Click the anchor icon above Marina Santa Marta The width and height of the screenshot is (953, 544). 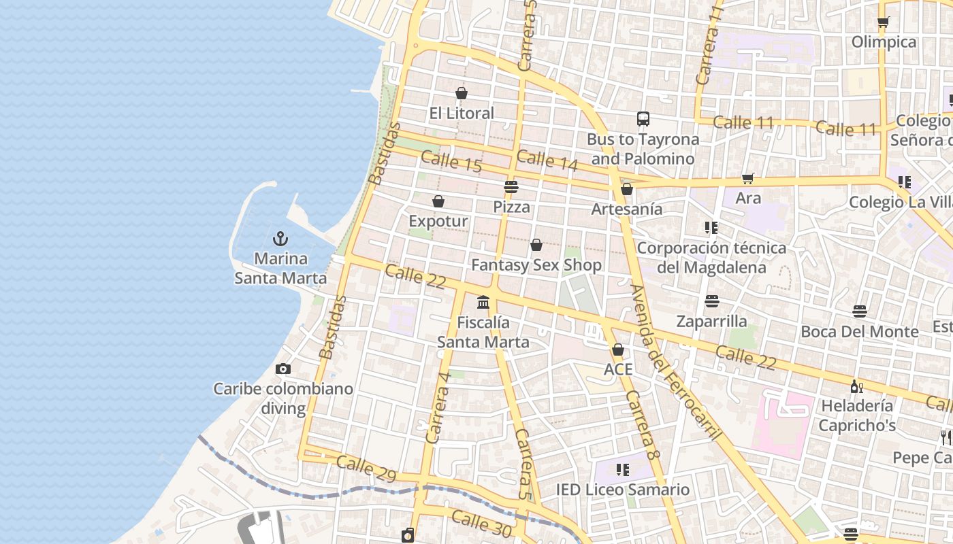click(x=280, y=239)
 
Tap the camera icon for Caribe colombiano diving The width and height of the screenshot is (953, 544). click(x=283, y=369)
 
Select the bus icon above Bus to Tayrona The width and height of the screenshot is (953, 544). click(x=643, y=119)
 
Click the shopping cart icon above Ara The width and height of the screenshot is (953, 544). click(x=748, y=178)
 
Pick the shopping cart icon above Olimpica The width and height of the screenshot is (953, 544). click(x=884, y=22)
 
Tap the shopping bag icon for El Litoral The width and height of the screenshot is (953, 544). click(x=462, y=93)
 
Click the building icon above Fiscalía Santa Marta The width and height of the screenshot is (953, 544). click(x=483, y=302)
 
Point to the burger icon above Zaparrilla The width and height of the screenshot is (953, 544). click(x=712, y=301)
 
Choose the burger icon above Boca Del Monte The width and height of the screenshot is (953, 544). click(x=860, y=311)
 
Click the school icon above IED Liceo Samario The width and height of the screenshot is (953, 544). click(x=622, y=469)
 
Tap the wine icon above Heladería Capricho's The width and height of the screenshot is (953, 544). click(x=856, y=386)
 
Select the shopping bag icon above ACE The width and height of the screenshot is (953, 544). click(x=618, y=350)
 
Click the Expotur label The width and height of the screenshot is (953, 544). click(x=438, y=221)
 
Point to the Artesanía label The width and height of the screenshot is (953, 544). click(x=626, y=209)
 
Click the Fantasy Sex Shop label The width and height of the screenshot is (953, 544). click(x=536, y=265)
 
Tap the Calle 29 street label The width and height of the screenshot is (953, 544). click(x=366, y=469)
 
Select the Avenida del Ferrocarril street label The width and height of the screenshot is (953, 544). click(x=675, y=362)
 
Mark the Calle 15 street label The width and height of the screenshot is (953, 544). click(x=451, y=162)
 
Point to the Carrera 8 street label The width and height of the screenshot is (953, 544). click(x=643, y=424)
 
